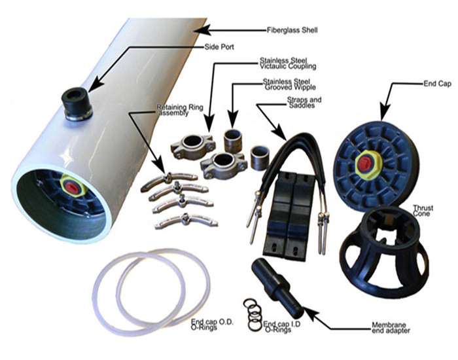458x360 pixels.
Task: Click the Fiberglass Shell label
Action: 292,30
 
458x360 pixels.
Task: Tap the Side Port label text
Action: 219,46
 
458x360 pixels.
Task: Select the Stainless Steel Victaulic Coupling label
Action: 288,63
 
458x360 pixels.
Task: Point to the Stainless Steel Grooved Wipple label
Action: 289,84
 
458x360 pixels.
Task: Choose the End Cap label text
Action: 437,84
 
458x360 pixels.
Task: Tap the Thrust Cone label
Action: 423,211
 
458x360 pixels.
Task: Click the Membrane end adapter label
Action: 391,327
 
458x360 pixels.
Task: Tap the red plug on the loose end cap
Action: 365,164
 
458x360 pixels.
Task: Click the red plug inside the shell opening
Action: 71,187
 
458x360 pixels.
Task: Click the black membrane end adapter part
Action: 277,288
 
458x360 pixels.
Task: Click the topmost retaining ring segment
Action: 169,180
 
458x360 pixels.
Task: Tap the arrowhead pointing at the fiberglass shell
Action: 202,30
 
